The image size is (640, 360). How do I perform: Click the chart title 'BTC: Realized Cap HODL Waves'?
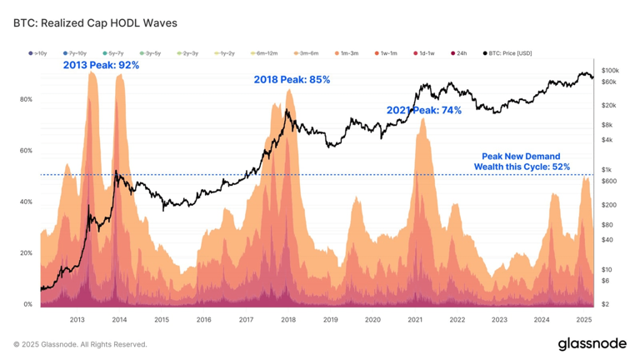95,23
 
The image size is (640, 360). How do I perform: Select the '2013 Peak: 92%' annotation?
101,65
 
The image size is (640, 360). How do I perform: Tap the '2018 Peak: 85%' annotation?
292,80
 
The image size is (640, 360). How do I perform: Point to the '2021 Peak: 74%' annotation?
423,110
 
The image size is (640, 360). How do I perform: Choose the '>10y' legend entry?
38,53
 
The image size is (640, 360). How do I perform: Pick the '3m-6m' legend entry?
308,53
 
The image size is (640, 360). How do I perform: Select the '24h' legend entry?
458,53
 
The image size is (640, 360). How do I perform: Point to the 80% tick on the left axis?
26,99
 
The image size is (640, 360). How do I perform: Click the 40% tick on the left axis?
26,202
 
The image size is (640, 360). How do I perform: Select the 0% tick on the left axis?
26,304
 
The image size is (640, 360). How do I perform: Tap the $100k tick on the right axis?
609,70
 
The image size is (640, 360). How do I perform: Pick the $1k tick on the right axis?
606,169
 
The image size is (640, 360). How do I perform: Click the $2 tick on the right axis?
604,304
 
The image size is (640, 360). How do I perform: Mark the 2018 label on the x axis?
288,319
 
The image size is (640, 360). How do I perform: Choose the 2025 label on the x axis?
583,319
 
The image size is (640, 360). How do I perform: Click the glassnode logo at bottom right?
592,343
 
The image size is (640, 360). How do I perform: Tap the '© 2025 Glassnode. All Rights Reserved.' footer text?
80,344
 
